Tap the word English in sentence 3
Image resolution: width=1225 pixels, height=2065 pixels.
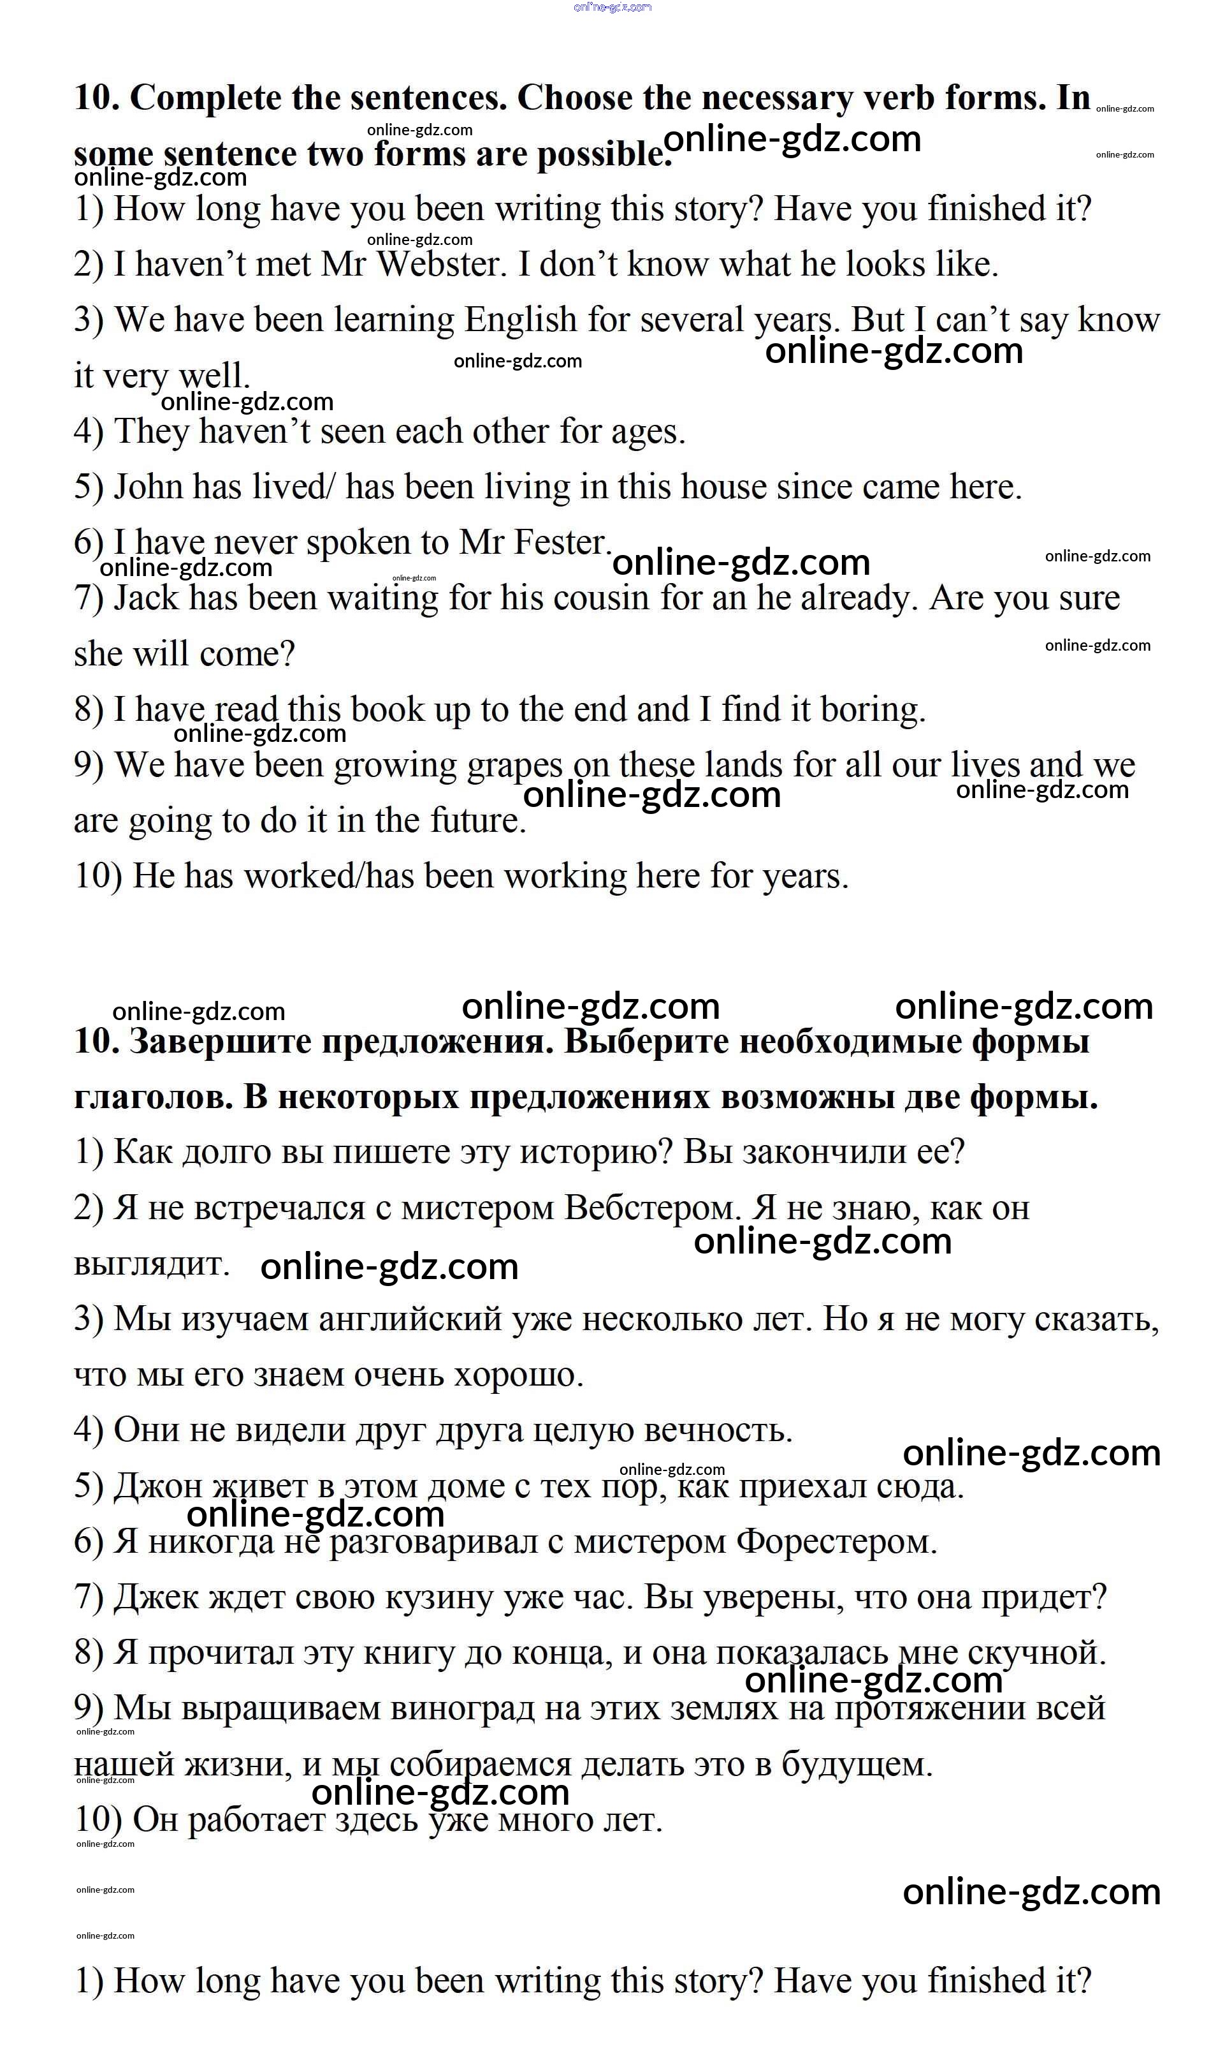click(521, 320)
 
